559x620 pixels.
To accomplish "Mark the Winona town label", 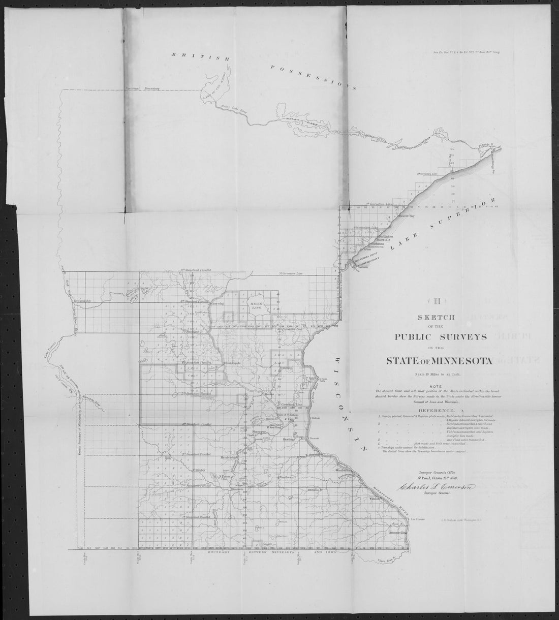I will (x=375, y=498).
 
